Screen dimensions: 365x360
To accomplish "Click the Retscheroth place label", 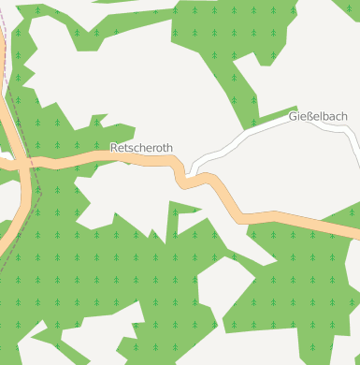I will pyautogui.click(x=141, y=148).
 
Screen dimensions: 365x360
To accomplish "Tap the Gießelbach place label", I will pyautogui.click(x=318, y=116).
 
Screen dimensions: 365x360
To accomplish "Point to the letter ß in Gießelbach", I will pyautogui.click(x=307, y=116).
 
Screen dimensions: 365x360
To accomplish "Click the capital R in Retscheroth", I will pyautogui.click(x=114, y=148).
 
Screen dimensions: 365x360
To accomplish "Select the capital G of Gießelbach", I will pyautogui.click(x=293, y=116).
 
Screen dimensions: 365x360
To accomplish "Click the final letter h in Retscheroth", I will pyautogui.click(x=168, y=148).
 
